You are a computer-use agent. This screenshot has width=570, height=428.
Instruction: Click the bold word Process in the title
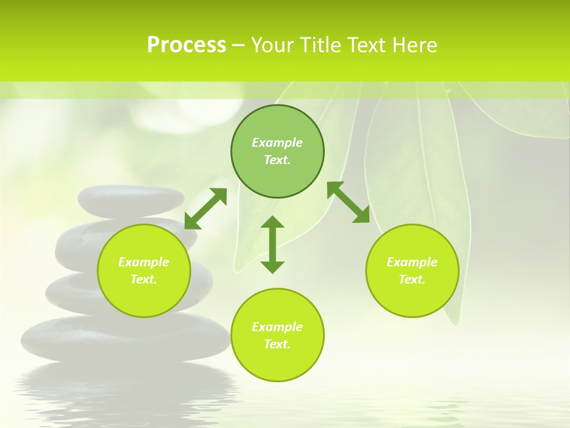coord(186,45)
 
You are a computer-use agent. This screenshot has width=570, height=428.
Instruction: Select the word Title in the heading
coord(324,45)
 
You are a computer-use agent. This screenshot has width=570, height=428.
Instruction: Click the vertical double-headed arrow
coord(273,244)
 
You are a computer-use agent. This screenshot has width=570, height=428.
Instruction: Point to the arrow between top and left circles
coord(205,209)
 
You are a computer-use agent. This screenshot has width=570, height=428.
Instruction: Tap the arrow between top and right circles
coord(349,202)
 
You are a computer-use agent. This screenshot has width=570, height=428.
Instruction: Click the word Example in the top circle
coord(277,143)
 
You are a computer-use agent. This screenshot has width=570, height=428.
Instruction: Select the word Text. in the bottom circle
coord(277,344)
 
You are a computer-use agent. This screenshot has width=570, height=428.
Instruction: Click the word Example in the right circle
coord(412,262)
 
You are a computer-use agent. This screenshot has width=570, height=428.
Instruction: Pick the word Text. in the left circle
coord(144,279)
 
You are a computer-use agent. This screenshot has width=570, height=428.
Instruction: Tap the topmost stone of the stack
coord(131,200)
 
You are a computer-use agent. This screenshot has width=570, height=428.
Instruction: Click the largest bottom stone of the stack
coord(125,339)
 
